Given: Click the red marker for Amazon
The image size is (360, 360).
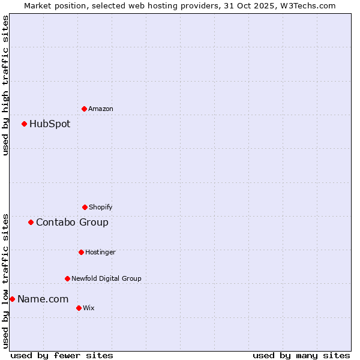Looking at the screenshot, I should point(84,109).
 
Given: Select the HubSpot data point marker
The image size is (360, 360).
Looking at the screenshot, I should point(24,124).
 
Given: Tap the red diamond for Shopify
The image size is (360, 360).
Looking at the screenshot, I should point(85,207).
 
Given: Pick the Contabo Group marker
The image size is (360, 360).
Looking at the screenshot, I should point(31,222).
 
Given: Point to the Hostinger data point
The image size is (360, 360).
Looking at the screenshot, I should point(81,252).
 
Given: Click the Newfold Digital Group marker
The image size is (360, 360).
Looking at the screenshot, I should point(67,278).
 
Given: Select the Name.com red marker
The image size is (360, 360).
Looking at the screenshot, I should point(12,299).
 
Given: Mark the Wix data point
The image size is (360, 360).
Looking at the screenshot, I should point(79,308).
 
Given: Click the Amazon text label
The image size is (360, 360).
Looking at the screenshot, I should point(101,109).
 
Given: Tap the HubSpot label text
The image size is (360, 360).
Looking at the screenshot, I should point(50,124).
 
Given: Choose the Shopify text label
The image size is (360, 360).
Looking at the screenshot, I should point(101,207).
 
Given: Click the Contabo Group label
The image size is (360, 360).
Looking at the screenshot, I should point(72,222).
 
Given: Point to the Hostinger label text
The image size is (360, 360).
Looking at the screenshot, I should point(100,252).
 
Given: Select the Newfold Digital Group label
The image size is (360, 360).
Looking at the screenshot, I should point(106,278).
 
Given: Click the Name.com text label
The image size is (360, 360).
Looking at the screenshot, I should point(43,299).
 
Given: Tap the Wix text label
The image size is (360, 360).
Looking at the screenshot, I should point(88,308).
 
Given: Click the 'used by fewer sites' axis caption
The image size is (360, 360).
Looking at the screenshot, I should point(62,355).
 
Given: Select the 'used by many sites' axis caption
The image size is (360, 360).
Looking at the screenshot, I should point(301,355).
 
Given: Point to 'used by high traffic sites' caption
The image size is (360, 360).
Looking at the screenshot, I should point(5,85).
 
